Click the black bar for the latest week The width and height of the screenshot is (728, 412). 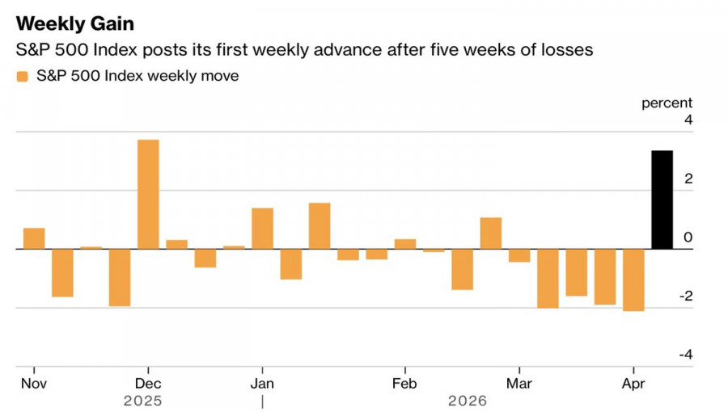(662, 200)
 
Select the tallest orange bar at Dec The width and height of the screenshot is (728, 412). (148, 194)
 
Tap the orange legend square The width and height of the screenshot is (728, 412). (22, 77)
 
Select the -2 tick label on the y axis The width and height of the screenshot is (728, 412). (685, 296)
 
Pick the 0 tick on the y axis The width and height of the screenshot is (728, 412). (688, 238)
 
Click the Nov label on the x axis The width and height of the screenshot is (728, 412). (34, 383)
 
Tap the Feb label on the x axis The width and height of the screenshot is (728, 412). (404, 383)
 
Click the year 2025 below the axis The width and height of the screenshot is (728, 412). (143, 401)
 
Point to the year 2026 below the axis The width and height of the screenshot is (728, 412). (468, 401)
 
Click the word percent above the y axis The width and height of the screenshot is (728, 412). (667, 103)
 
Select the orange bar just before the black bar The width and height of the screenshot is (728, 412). (633, 280)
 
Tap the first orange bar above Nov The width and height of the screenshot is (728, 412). (34, 238)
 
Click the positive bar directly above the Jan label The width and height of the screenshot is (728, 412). (262, 229)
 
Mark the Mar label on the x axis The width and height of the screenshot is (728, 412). (519, 383)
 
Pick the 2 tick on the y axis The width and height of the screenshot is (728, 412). (688, 179)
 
